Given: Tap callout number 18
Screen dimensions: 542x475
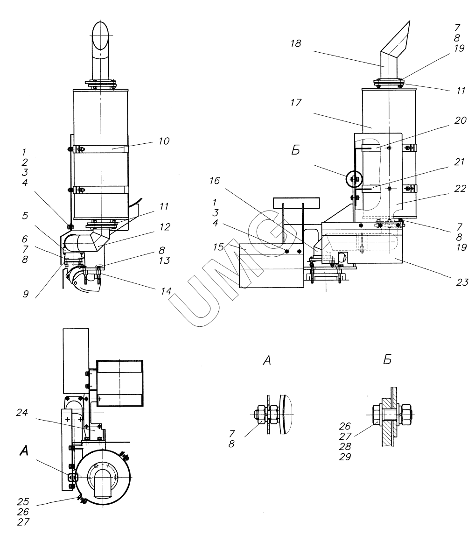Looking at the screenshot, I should pos(295,43).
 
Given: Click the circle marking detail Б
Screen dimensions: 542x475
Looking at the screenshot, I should pos(353,179).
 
